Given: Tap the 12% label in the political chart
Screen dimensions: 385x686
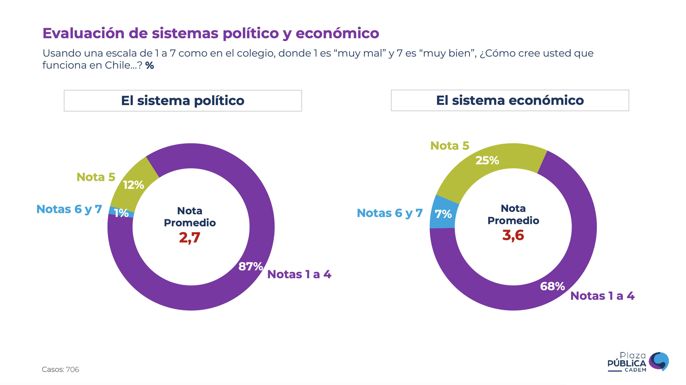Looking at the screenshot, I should coord(133,185).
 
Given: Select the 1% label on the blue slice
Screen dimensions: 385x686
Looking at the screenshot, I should coord(121,213).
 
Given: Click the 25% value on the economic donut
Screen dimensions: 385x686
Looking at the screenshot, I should coord(487,160).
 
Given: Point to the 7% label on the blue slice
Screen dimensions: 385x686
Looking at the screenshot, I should coord(443,214).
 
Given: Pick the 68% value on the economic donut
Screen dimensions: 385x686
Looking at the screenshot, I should coord(552,286).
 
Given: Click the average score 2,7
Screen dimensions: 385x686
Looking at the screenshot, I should coord(189,237).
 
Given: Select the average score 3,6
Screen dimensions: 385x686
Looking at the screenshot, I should coord(513,235).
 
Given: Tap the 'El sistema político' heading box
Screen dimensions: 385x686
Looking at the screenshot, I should coord(183,101).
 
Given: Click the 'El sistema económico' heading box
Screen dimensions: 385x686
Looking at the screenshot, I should coord(510,100).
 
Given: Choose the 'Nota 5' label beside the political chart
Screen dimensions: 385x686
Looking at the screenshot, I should coord(96,177).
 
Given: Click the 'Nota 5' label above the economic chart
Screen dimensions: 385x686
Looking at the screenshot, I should coord(449,146).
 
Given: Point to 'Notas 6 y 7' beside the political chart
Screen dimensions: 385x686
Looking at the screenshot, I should coord(69,209).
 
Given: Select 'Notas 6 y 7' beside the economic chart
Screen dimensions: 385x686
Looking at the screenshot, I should coord(390,213).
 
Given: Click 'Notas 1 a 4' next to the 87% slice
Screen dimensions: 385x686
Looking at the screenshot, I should coord(299,275).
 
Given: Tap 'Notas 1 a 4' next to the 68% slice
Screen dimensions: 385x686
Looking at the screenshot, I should coord(602,296).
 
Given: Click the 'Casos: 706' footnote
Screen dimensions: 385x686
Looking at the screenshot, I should coord(60,370).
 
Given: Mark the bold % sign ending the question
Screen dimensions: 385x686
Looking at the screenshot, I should coord(150,66).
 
